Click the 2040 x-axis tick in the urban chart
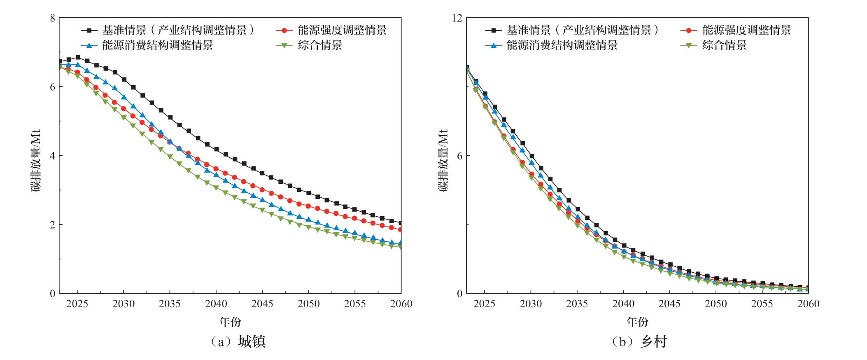click(216, 304)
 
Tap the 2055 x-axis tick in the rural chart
click(762, 304)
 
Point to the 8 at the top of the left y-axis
click(52, 18)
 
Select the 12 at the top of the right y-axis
click(457, 18)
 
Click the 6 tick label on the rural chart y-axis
click(459, 156)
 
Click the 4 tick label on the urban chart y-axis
click(52, 156)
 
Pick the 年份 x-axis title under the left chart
click(230, 322)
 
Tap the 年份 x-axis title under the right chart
click(637, 322)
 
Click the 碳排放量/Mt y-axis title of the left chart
click(36, 160)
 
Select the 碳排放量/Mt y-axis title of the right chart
click(443, 160)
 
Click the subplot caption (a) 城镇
click(238, 341)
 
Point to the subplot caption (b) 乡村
click(639, 341)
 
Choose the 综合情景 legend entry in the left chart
click(320, 45)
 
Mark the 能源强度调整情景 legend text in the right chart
click(746, 30)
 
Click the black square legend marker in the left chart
click(89, 30)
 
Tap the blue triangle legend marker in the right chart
click(493, 45)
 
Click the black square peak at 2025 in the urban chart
click(78, 58)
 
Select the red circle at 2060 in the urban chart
click(400, 229)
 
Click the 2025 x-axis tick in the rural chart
click(484, 304)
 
